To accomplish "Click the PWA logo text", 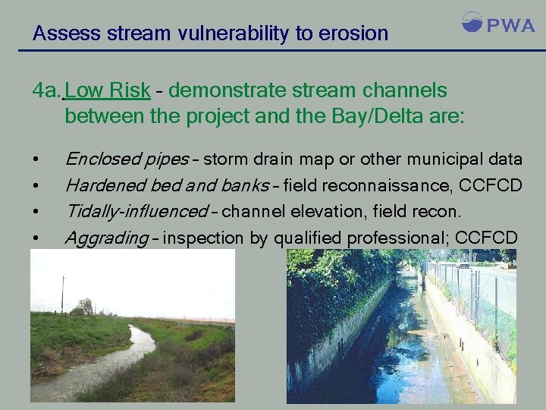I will point(510,25).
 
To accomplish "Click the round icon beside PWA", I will point(472,23).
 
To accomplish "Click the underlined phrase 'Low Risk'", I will point(108,91).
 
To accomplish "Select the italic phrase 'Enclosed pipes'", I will point(127,159).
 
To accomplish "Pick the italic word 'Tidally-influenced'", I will point(136,212).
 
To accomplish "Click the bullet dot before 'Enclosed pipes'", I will point(36,160).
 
